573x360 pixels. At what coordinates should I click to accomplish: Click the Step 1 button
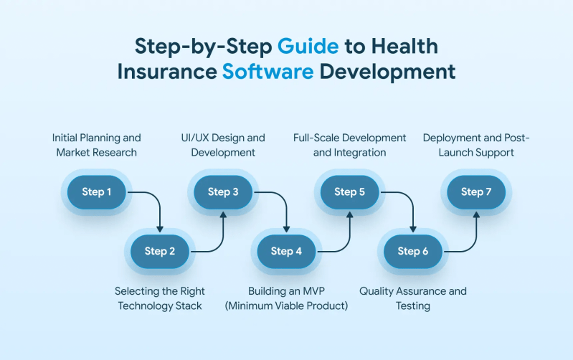click(97, 191)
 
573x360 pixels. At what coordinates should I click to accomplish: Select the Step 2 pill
click(160, 251)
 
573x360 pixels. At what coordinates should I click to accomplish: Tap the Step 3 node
click(223, 191)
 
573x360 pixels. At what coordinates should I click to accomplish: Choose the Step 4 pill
click(286, 251)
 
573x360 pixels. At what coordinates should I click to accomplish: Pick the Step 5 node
click(349, 191)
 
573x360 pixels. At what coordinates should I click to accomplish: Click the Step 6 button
click(412, 251)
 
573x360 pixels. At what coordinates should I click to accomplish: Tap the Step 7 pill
click(476, 191)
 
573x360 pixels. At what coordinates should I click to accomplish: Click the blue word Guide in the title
click(308, 46)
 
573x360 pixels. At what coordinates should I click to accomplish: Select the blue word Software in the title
click(267, 72)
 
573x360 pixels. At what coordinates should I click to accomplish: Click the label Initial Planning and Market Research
click(97, 145)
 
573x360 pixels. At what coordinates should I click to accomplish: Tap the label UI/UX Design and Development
click(223, 145)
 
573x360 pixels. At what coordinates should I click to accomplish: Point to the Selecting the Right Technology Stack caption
click(160, 298)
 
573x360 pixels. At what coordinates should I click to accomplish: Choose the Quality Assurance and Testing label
click(413, 298)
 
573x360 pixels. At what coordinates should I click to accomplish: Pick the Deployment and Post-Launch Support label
click(476, 145)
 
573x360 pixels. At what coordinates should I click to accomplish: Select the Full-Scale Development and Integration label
click(350, 145)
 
